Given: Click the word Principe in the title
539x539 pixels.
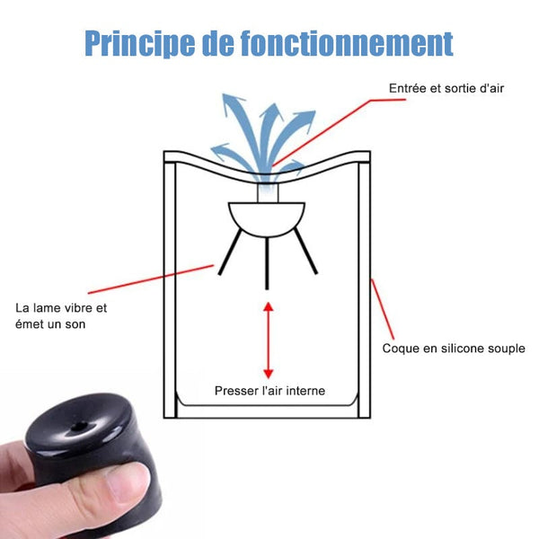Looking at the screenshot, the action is pos(139,44).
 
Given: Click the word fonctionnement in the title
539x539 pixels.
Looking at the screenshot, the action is pos(347,43).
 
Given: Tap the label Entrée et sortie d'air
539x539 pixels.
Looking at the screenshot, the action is pos(446,88).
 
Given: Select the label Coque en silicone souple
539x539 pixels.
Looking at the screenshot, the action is pos(454,349).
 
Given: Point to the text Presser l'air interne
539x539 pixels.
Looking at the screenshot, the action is pos(269,391).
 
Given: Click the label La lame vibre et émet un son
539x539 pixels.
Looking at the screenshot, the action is pos(61,316).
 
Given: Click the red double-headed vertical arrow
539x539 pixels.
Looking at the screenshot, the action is pos(268,340).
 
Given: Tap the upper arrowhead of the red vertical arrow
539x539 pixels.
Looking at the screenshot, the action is pos(268,306).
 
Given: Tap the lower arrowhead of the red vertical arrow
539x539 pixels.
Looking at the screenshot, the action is pos(268,375).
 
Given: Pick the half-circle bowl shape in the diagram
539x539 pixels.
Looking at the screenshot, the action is pos(267,218).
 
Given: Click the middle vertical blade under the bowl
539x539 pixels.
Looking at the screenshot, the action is pos(267,263).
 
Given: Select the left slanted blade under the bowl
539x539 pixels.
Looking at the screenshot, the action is pos(230,252).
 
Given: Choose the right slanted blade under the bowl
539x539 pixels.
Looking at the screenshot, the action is pos(305,252).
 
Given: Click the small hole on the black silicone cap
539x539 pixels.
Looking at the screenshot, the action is pos(79,426).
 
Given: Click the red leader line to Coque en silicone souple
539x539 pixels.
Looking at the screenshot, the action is pos(383,309).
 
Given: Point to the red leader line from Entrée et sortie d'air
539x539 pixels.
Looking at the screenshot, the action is pos(339,132).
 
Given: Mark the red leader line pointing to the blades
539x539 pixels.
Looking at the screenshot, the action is pos(151,279).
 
